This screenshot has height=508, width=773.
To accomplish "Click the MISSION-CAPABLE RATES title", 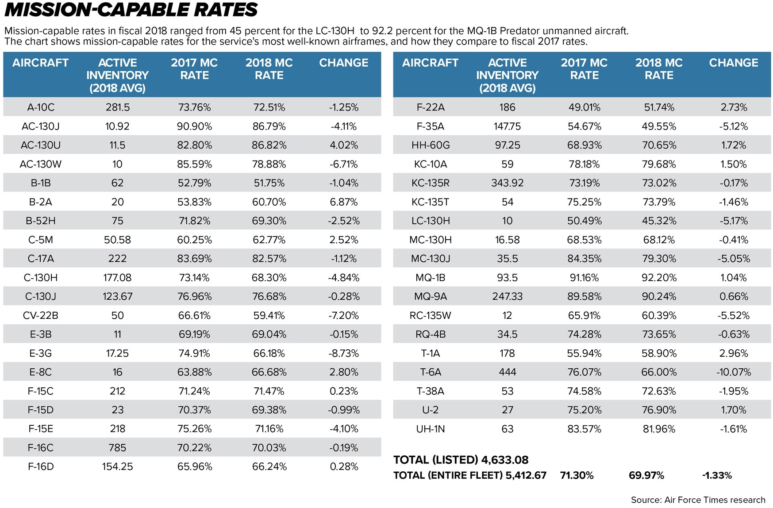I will pyautogui.click(x=131, y=10).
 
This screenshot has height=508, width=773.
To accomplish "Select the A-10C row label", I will pyautogui.click(x=41, y=107).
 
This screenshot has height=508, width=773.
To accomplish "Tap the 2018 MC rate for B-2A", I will pyautogui.click(x=269, y=202).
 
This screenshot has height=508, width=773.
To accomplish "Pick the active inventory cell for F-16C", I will pyautogui.click(x=117, y=448).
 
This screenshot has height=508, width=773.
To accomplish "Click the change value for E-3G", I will pyautogui.click(x=344, y=353).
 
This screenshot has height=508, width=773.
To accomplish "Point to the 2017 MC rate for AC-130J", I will pyautogui.click(x=194, y=126).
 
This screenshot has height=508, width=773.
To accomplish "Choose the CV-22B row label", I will pyautogui.click(x=41, y=316).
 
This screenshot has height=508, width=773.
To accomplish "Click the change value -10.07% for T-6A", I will pyautogui.click(x=734, y=372).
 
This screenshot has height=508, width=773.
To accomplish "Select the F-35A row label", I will pyautogui.click(x=430, y=126).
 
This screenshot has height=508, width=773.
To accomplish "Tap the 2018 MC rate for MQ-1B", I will pyautogui.click(x=659, y=278).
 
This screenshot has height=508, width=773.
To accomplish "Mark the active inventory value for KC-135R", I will pyautogui.click(x=507, y=183).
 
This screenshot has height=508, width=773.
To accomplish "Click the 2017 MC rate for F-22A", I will pyautogui.click(x=584, y=107).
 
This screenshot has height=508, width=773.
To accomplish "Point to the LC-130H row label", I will pyautogui.click(x=430, y=221).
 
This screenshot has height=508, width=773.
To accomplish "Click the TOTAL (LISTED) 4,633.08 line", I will pyautogui.click(x=461, y=460).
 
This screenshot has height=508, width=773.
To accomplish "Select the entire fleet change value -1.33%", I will pyautogui.click(x=717, y=476).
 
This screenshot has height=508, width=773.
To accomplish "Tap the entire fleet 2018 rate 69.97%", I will pyautogui.click(x=646, y=476).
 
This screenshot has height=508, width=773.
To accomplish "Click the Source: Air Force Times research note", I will pyautogui.click(x=698, y=500).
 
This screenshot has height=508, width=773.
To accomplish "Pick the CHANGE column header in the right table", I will pyautogui.click(x=733, y=63).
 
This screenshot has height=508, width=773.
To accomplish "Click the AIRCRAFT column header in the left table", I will pyautogui.click(x=40, y=63).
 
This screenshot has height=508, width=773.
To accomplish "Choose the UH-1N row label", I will pyautogui.click(x=430, y=429).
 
